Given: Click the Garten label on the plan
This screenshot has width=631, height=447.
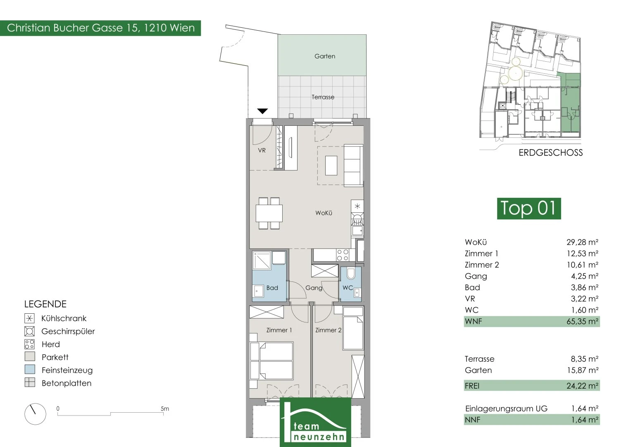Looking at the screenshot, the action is pos(325,56).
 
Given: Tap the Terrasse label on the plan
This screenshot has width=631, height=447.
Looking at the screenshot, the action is pos(323,97).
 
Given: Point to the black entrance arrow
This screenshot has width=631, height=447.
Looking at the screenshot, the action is pos(262,111).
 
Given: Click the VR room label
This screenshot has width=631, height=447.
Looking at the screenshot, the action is pos(262,150).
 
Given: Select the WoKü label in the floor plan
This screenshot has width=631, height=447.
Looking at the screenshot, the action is pos(324,213).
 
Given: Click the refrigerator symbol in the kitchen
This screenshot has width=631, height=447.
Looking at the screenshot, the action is pos(357,206).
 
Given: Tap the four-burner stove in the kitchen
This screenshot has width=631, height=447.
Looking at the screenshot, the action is pos(343,255).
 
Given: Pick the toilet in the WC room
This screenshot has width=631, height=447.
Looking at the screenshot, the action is pos(351,274).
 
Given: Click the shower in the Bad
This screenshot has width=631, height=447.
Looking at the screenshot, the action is pos(262,260).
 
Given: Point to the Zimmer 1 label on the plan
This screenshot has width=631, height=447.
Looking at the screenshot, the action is pos(279,330).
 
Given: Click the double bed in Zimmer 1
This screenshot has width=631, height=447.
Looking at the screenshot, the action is pos(271,360).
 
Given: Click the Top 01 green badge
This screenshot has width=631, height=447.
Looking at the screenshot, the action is pos(529,209).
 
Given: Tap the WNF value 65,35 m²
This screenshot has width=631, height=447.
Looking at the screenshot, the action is pos(582,322).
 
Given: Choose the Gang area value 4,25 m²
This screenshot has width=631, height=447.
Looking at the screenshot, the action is pos(585,276).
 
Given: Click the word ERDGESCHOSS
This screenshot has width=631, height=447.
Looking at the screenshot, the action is pos(550,153).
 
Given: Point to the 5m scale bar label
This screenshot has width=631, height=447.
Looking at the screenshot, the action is pos(165,409).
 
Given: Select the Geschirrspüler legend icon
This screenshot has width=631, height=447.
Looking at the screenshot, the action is pos(30,331).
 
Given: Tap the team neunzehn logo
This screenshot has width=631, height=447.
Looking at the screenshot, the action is pos(316,422).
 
